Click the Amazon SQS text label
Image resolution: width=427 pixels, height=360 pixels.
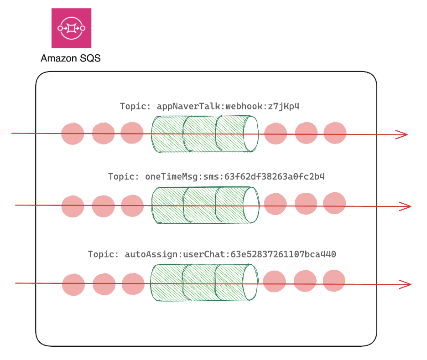pos(70,58)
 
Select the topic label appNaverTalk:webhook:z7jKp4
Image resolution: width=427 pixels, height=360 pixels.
pos(209,106)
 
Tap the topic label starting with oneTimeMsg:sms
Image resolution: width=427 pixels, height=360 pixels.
pos(216,176)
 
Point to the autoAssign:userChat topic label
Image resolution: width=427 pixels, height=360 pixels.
pos(212,254)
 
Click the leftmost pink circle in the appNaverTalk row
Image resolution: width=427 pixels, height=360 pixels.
pos(73,134)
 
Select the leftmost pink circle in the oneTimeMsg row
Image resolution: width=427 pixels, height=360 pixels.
pos(73,206)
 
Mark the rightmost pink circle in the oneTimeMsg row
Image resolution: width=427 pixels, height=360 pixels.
pos(334,203)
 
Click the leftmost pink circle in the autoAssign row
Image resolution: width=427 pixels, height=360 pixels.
pos(73,284)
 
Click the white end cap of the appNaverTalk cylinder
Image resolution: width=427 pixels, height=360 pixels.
pos(250,133)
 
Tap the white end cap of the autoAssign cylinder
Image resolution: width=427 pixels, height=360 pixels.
pos(250,283)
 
